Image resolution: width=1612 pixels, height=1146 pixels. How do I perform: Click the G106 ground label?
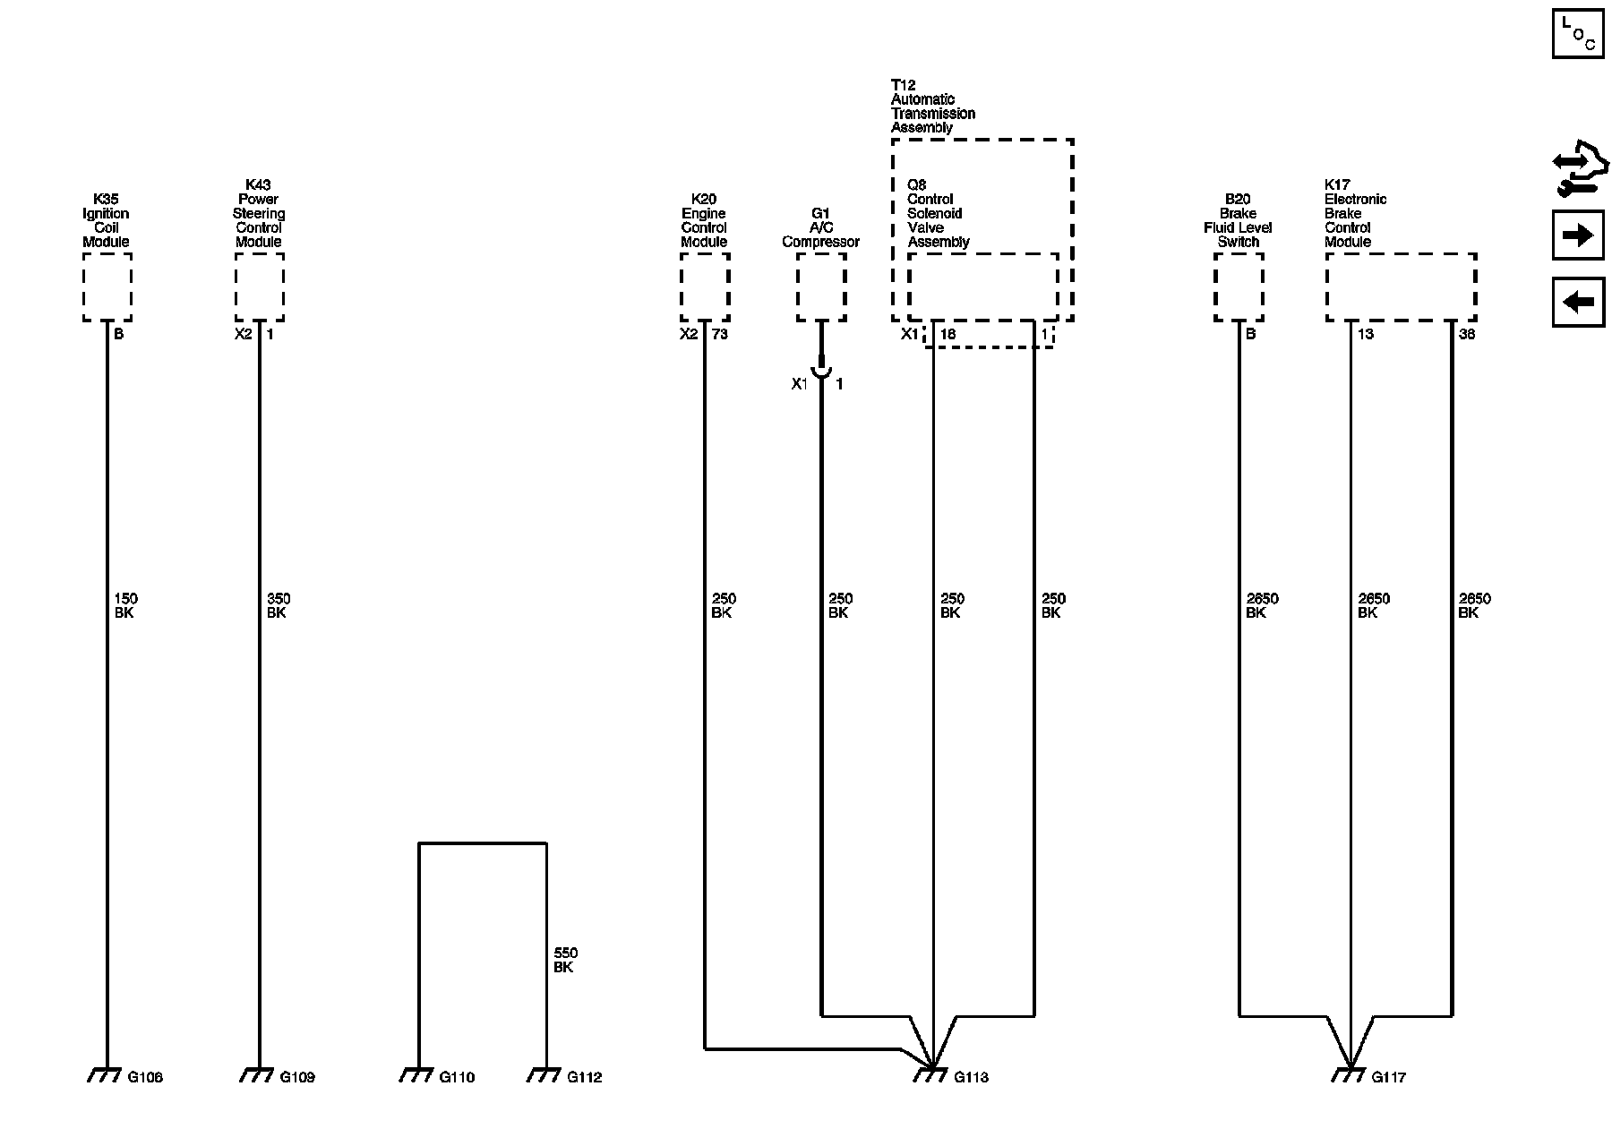coord(145,1077)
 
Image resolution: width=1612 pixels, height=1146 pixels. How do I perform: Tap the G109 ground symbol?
coord(257,1074)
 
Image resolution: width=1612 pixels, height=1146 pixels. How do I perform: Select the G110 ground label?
coord(457,1077)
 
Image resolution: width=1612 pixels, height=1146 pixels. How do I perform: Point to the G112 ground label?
coord(584,1077)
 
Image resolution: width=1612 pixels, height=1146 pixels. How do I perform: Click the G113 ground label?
coord(971,1077)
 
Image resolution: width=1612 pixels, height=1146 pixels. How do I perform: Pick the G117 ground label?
coord(1388,1077)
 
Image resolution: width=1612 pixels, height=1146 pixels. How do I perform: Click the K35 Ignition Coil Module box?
coord(107,286)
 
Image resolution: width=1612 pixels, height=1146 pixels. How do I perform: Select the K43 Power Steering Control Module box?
coord(260,286)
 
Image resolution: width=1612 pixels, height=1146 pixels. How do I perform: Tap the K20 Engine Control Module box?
coord(705,286)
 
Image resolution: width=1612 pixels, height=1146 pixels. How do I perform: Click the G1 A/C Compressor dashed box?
coord(821,286)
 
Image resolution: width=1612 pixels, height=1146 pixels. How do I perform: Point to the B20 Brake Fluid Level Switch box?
coord(1239,286)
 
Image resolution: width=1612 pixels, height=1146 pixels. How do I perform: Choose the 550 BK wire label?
coord(565,961)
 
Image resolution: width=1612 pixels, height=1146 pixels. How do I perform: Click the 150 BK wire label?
coord(125,606)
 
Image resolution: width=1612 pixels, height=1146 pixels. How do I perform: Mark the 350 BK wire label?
coord(279,606)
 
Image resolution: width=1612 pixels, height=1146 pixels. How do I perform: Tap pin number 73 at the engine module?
coord(720,335)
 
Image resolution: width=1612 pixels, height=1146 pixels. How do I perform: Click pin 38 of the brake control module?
coord(1467,335)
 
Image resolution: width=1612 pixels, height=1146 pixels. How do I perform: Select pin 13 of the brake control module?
coord(1366,335)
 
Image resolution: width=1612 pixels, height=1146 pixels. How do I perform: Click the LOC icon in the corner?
coord(1578,33)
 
